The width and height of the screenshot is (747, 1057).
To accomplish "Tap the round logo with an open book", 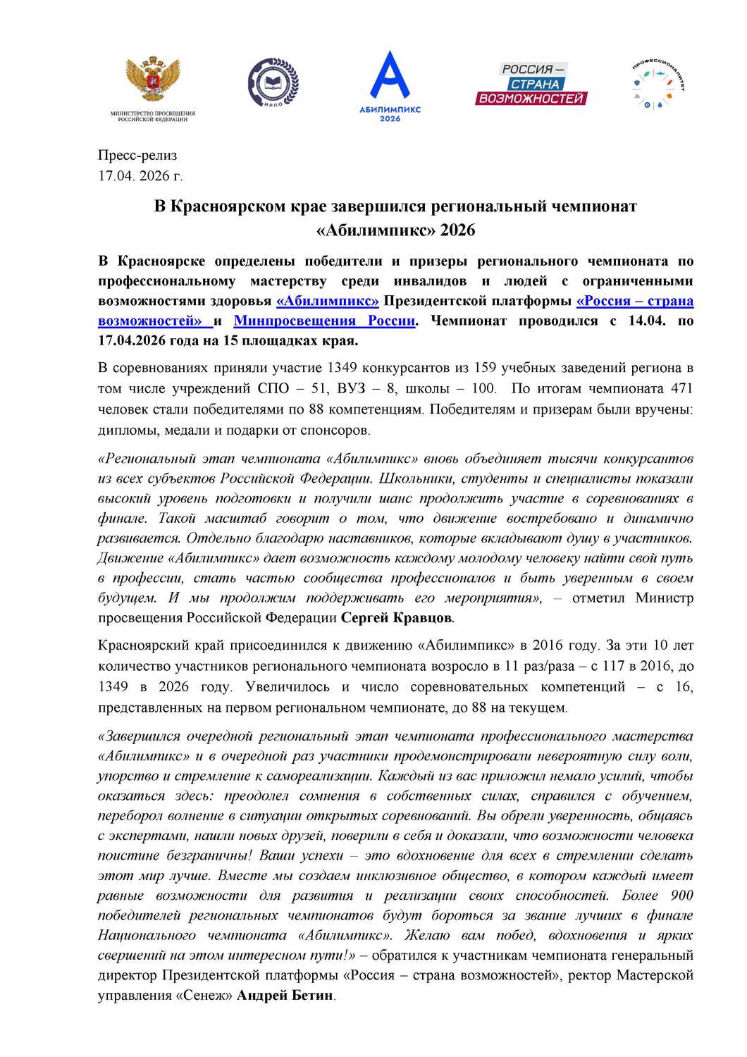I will coord(273,83).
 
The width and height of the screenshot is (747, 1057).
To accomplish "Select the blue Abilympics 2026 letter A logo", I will coord(390,76).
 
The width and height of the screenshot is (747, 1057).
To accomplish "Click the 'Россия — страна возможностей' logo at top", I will coord(532,84).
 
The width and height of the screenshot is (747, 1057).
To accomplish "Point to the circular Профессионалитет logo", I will coord(658,85).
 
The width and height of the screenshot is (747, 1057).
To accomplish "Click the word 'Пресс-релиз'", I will coord(137,156).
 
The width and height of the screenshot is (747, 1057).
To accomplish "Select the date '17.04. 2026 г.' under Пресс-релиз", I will coord(140,176).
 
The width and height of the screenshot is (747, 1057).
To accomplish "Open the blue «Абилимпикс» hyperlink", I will coord(328,302).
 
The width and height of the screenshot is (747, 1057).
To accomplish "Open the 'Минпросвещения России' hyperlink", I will coord(324,321).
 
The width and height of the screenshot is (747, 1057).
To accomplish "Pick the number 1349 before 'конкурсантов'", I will coord(342,368).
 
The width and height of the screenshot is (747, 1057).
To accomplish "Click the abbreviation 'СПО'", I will coord(273,388).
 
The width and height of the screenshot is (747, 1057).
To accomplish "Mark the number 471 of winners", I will coord(681,388).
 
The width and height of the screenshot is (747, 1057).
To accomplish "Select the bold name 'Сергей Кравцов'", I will coord(397,618).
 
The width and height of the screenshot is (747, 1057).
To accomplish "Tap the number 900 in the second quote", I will coord(681,896).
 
